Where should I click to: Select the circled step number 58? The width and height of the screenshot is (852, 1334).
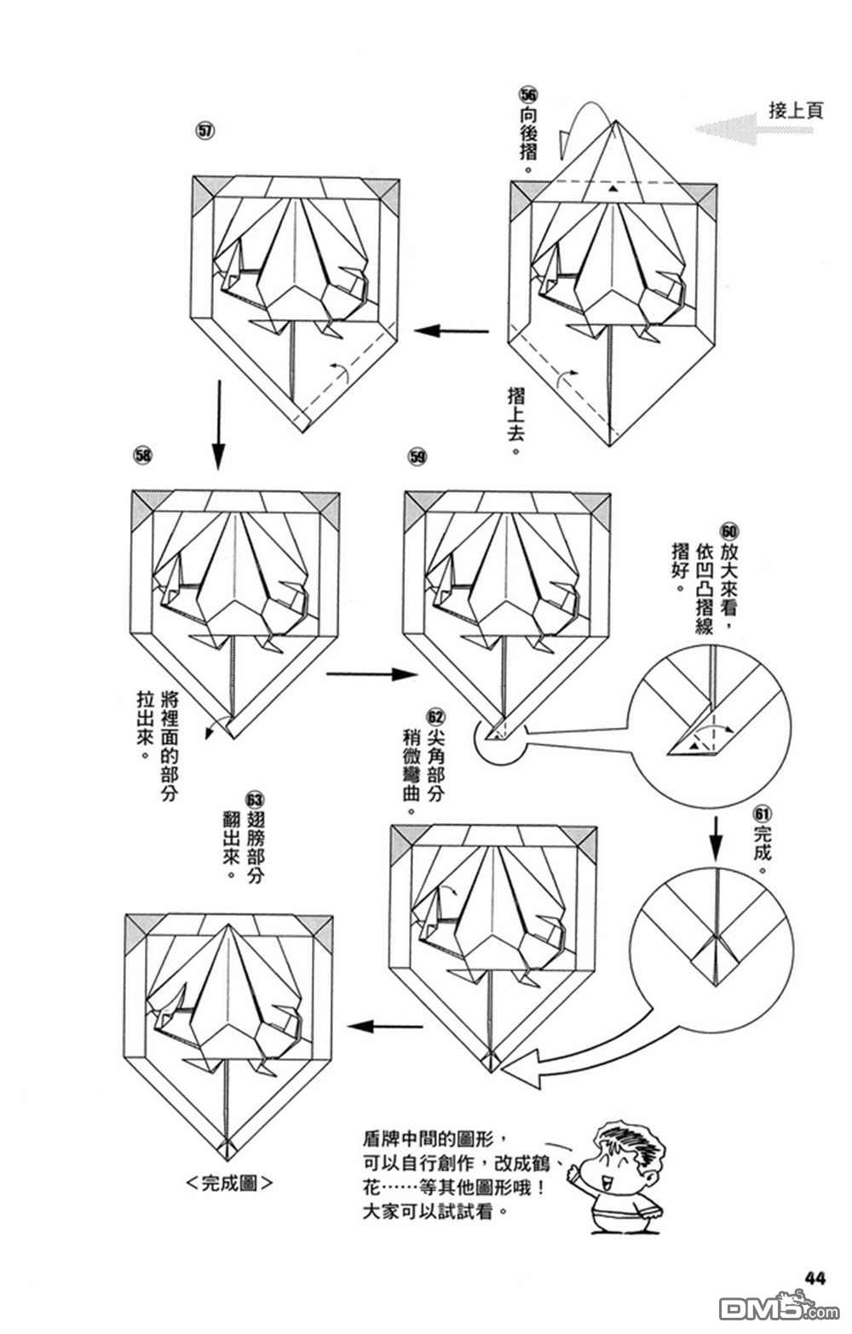(x=143, y=455)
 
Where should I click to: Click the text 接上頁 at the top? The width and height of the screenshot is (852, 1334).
(x=796, y=110)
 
